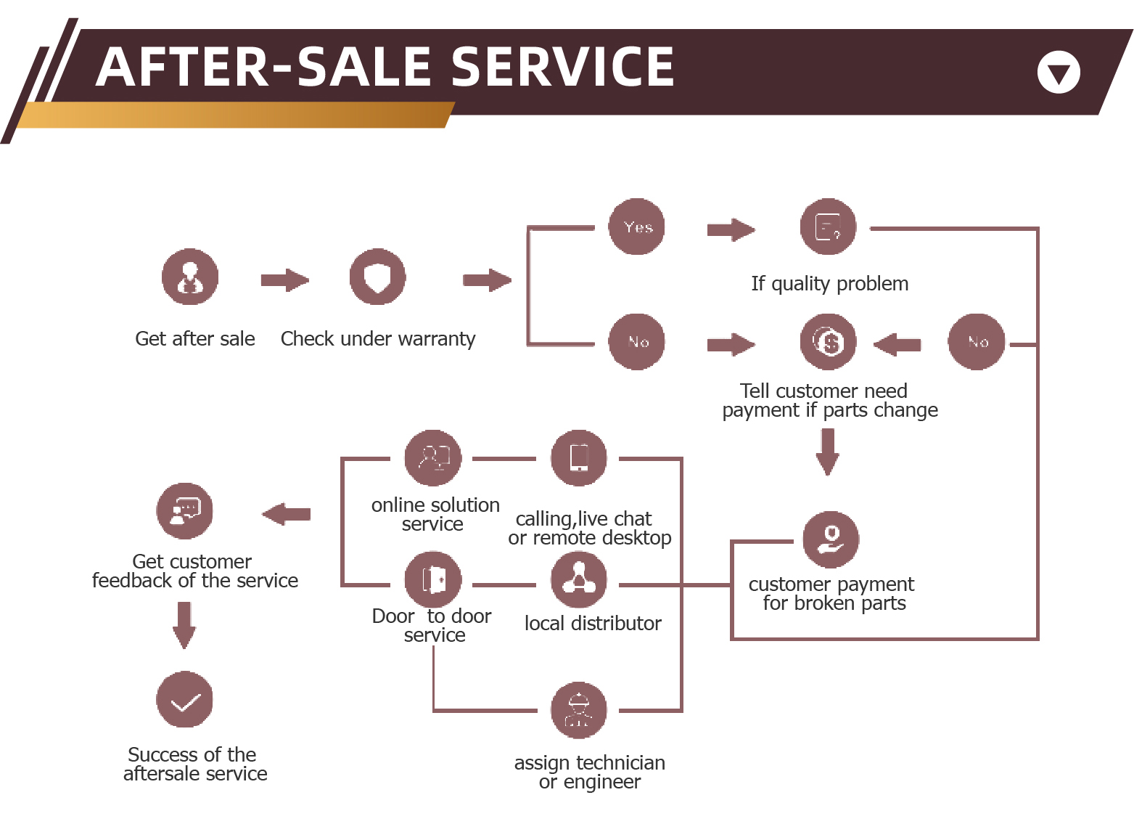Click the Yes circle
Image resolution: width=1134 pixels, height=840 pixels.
click(637, 227)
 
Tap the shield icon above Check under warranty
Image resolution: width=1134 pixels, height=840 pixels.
click(377, 277)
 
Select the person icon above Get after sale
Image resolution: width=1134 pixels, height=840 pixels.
click(190, 277)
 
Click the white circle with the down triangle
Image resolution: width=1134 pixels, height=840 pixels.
click(1059, 73)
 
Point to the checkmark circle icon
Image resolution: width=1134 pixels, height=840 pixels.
click(185, 700)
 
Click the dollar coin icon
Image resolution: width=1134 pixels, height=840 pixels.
click(829, 342)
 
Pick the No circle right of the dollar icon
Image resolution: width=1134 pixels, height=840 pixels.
click(977, 342)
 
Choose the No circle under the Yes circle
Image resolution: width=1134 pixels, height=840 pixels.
click(637, 342)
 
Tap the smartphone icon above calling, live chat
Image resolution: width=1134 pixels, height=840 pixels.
click(579, 458)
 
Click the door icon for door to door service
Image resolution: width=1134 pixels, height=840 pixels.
click(433, 579)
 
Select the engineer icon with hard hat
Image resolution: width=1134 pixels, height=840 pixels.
click(579, 711)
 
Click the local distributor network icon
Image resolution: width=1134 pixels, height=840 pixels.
click(579, 579)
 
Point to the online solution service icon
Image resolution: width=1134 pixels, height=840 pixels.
click(433, 458)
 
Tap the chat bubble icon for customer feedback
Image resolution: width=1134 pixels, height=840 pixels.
click(185, 511)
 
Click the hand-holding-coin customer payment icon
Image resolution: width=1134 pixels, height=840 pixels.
click(831, 539)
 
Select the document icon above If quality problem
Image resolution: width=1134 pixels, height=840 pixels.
click(829, 227)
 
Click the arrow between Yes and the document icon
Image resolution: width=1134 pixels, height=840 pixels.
click(731, 230)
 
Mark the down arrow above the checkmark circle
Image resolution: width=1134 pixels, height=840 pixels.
click(184, 625)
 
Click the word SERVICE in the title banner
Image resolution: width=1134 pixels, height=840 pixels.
click(563, 67)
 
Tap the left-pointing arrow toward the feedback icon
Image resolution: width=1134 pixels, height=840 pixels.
click(287, 514)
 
